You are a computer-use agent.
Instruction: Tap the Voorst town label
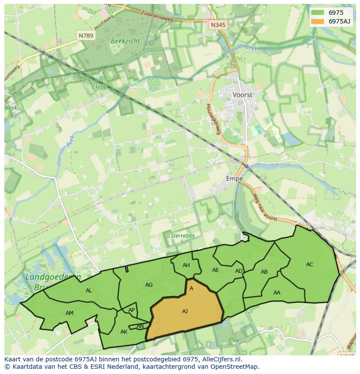(x=243, y=94)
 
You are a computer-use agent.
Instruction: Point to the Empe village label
(x=234, y=178)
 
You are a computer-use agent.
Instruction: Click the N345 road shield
(x=218, y=25)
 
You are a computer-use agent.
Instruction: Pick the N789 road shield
(x=86, y=36)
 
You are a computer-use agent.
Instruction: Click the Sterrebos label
(x=182, y=235)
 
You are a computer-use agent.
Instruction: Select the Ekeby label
(x=99, y=86)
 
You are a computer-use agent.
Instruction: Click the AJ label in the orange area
(x=185, y=311)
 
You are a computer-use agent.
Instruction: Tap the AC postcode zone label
(x=310, y=264)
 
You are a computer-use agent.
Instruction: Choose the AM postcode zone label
(x=70, y=313)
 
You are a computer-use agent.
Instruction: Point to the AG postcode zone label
(x=149, y=285)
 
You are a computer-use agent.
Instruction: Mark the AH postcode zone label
(x=186, y=265)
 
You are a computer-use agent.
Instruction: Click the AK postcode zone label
(x=124, y=331)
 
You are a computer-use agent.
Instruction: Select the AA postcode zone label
(x=277, y=292)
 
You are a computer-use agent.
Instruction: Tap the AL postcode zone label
(x=89, y=291)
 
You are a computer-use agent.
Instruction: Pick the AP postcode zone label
(x=131, y=310)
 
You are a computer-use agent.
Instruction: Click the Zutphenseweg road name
(x=157, y=17)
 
